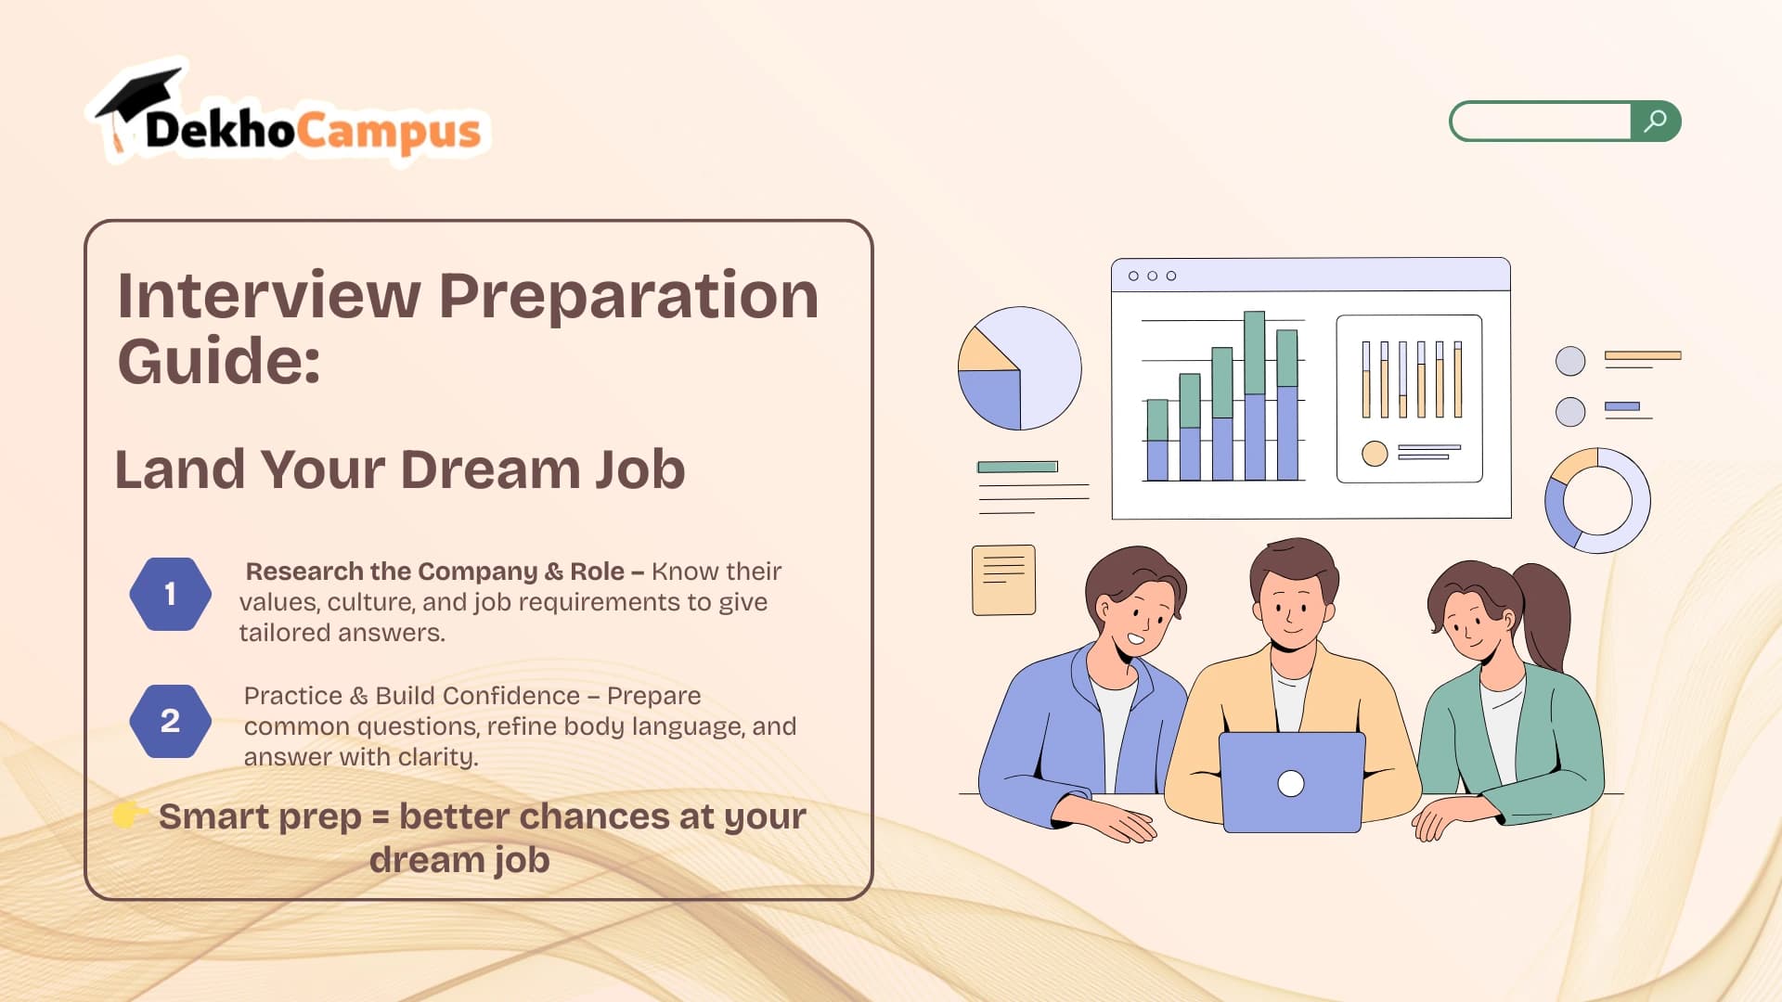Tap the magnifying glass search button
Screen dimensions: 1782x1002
[1656, 121]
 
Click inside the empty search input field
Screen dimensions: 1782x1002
[1541, 121]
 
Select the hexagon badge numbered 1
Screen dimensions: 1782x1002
[170, 594]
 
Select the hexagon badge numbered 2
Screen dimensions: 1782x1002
[170, 721]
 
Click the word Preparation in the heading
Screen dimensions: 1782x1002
[628, 298]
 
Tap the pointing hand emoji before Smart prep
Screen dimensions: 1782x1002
[130, 815]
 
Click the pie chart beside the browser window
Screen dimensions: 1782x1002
[1019, 368]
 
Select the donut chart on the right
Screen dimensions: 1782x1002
[1596, 501]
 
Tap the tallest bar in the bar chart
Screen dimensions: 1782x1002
[1254, 395]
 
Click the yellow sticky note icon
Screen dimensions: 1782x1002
[1003, 580]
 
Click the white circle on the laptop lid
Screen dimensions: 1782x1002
[1291, 783]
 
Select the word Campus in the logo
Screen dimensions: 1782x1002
[389, 132]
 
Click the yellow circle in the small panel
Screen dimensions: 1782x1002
[1375, 453]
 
